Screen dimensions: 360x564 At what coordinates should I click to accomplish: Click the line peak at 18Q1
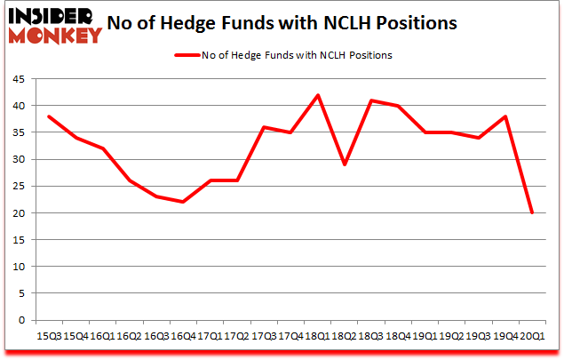pyautogui.click(x=316, y=95)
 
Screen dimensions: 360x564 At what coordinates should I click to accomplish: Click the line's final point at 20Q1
pyautogui.click(x=531, y=212)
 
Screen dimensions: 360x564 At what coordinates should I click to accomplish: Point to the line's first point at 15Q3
pyautogui.click(x=48, y=116)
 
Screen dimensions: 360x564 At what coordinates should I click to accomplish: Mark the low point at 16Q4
pyautogui.click(x=182, y=202)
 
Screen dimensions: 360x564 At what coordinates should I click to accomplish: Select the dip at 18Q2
pyautogui.click(x=344, y=164)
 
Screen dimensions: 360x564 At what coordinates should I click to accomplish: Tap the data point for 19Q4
pyautogui.click(x=504, y=116)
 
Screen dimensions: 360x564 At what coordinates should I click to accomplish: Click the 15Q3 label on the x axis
pyautogui.click(x=48, y=336)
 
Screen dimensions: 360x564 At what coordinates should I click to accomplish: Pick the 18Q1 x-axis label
pyautogui.click(x=316, y=336)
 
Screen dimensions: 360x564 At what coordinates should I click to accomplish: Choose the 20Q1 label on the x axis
pyautogui.click(x=531, y=336)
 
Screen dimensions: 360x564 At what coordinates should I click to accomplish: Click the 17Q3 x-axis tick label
pyautogui.click(x=263, y=336)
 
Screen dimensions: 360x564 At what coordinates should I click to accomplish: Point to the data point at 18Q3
pyautogui.click(x=370, y=100)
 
